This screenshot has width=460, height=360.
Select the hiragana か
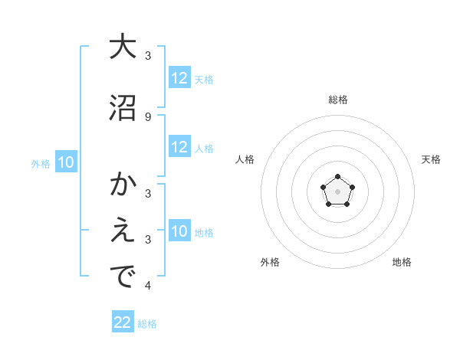[x=123, y=185]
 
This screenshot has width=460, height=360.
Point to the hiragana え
[x=123, y=232]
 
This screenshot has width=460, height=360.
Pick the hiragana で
[x=123, y=278]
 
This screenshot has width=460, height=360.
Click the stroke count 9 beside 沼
[x=148, y=116]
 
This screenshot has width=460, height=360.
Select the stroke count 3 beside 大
[x=148, y=56]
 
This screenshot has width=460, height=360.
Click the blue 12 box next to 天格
[x=179, y=78]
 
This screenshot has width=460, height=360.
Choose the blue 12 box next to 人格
[x=179, y=147]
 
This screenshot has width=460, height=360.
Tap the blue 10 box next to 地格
[x=179, y=231]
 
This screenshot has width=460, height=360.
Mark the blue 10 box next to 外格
[x=66, y=162]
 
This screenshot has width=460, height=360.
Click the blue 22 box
[x=123, y=322]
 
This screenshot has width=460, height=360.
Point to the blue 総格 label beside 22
[x=147, y=324]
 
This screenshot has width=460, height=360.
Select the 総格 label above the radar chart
[x=337, y=100]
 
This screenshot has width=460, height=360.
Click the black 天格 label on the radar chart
[x=432, y=159]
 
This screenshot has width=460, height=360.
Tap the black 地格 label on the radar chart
[x=402, y=262]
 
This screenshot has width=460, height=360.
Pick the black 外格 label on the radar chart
[x=270, y=262]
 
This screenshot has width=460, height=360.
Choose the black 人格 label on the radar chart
[x=245, y=159]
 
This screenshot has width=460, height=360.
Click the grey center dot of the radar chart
[x=337, y=191]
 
